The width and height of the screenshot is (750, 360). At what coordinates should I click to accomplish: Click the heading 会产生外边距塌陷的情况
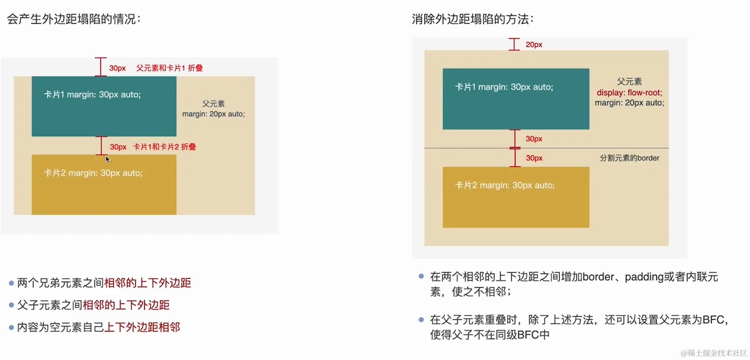(x=74, y=19)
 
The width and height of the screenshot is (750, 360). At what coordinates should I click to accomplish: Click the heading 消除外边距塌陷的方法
(x=472, y=19)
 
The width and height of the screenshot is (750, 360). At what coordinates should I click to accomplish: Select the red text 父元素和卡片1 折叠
(x=169, y=68)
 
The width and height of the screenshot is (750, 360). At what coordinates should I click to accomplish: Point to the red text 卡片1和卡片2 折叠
(x=164, y=147)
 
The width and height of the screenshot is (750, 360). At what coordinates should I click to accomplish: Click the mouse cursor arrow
(x=107, y=159)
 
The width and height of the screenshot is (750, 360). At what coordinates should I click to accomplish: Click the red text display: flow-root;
(x=629, y=92)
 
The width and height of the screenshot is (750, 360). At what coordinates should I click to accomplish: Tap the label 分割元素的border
(x=629, y=158)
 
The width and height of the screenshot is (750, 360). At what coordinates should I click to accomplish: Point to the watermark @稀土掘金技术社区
(x=714, y=353)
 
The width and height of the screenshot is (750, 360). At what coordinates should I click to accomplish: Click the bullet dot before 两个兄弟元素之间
(x=11, y=283)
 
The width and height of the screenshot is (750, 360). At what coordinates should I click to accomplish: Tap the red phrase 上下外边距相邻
(x=142, y=327)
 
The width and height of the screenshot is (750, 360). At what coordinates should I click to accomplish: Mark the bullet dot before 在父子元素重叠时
(x=421, y=320)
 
